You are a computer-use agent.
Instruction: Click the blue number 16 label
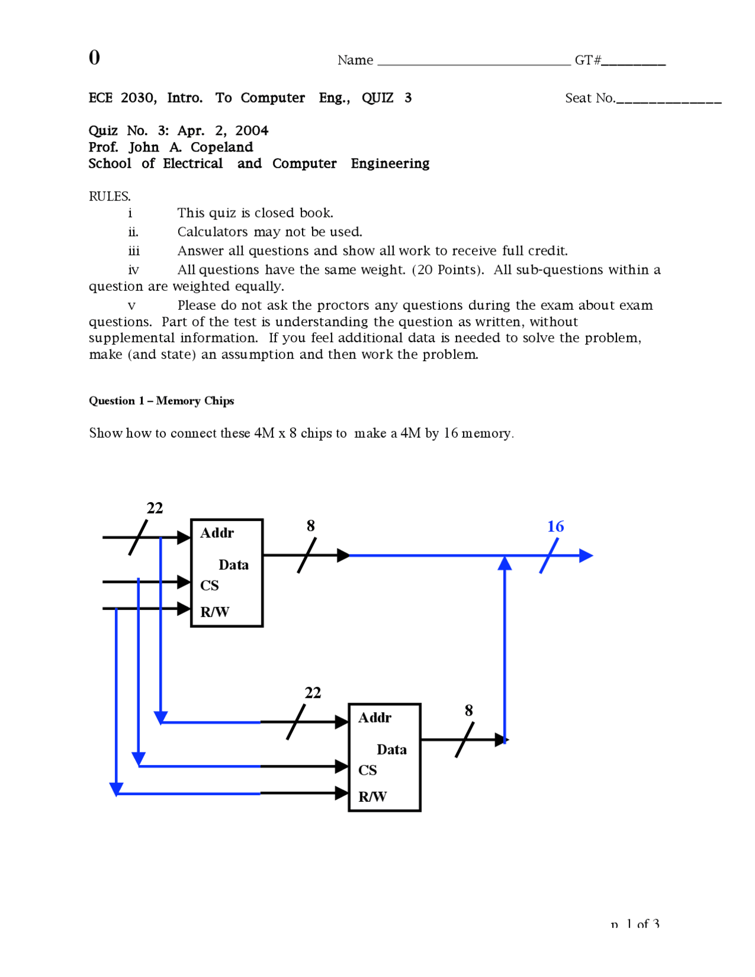(555, 526)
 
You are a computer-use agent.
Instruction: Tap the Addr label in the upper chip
(217, 533)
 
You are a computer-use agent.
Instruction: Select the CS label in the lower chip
(367, 770)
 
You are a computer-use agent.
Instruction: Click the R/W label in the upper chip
(215, 612)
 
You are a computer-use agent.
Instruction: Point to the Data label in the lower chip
(392, 749)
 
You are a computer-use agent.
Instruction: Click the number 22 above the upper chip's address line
(155, 508)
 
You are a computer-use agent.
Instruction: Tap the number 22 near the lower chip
(313, 693)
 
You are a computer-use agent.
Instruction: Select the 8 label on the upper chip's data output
(311, 526)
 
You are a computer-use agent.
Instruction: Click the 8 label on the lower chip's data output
(469, 710)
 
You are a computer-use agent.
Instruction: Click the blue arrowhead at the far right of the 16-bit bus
(586, 555)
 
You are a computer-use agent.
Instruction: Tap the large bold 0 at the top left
(94, 57)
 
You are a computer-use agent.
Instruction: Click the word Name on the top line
(355, 60)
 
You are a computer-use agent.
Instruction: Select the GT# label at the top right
(587, 60)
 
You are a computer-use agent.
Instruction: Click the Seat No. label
(589, 98)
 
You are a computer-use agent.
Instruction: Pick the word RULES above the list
(109, 196)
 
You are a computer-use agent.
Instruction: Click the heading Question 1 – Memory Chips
(161, 401)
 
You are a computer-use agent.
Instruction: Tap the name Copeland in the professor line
(222, 147)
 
